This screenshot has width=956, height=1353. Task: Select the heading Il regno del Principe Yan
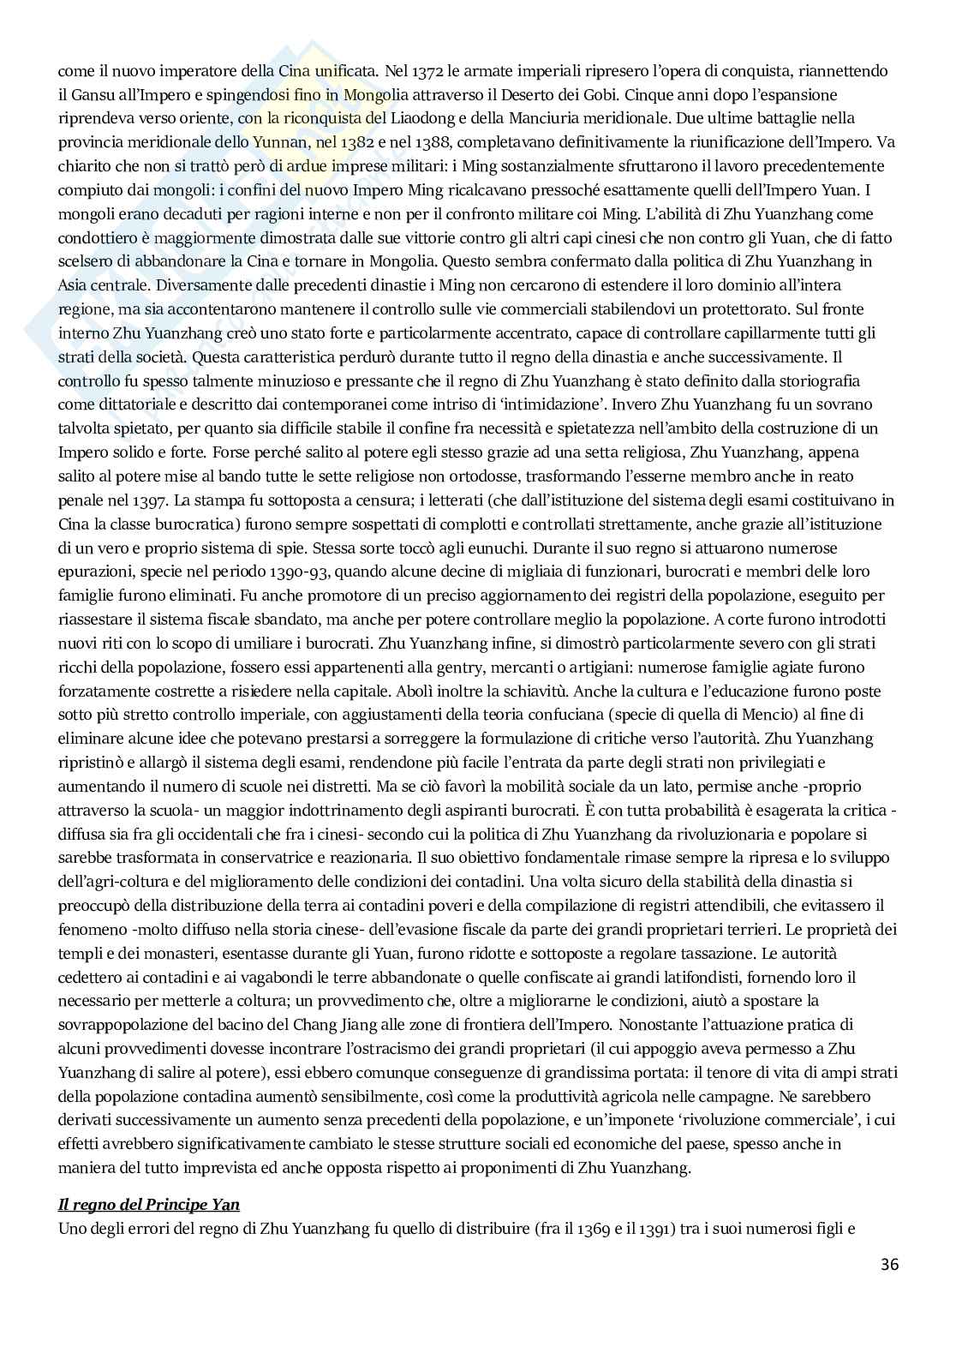148,1204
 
